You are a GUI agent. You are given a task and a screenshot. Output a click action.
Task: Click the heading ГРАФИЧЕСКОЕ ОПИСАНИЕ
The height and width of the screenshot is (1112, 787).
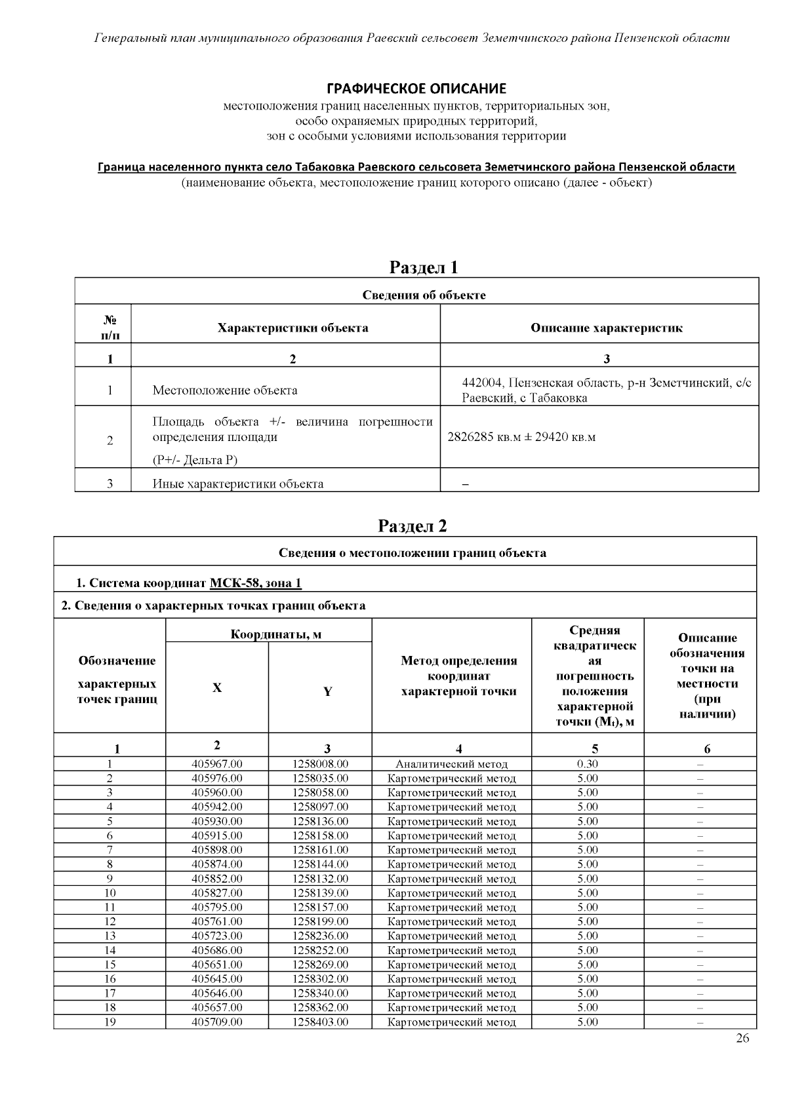(416, 88)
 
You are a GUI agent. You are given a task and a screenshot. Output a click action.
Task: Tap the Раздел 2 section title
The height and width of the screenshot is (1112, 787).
(413, 526)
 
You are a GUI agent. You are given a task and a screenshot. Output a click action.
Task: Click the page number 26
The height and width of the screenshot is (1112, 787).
(742, 1038)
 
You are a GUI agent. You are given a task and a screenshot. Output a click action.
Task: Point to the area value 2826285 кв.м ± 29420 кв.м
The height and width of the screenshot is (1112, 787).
(521, 437)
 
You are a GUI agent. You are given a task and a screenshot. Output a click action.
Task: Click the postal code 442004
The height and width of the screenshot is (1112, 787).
(483, 383)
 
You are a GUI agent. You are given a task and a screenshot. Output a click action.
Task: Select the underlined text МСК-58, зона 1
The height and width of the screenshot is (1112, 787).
(256, 583)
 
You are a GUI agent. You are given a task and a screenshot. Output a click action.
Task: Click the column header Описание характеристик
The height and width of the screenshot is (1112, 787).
(606, 328)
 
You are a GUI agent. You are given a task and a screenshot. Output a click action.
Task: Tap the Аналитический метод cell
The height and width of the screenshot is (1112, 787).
(451, 764)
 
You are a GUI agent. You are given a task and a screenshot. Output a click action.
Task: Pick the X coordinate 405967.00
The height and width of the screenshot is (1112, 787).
(217, 764)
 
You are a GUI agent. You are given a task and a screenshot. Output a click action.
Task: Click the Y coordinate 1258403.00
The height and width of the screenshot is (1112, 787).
(320, 1022)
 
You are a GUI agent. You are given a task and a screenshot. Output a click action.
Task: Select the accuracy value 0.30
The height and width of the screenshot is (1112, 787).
(588, 764)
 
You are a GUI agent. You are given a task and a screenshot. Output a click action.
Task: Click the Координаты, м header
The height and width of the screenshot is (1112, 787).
(275, 634)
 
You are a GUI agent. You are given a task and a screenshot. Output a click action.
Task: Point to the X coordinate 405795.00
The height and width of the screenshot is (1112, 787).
(217, 908)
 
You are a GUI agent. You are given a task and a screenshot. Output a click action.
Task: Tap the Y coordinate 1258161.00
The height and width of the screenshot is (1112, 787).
(320, 850)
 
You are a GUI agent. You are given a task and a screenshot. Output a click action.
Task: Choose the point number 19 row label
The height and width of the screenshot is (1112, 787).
(110, 1022)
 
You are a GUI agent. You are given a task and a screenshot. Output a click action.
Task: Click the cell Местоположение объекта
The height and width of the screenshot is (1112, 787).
(225, 391)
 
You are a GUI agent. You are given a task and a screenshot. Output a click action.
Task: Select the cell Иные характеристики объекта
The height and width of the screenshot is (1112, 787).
(238, 484)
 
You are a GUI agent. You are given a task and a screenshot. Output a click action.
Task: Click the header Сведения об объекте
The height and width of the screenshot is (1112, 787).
(424, 295)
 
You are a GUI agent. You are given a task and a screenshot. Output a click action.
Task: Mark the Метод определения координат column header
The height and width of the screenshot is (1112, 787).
(458, 676)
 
